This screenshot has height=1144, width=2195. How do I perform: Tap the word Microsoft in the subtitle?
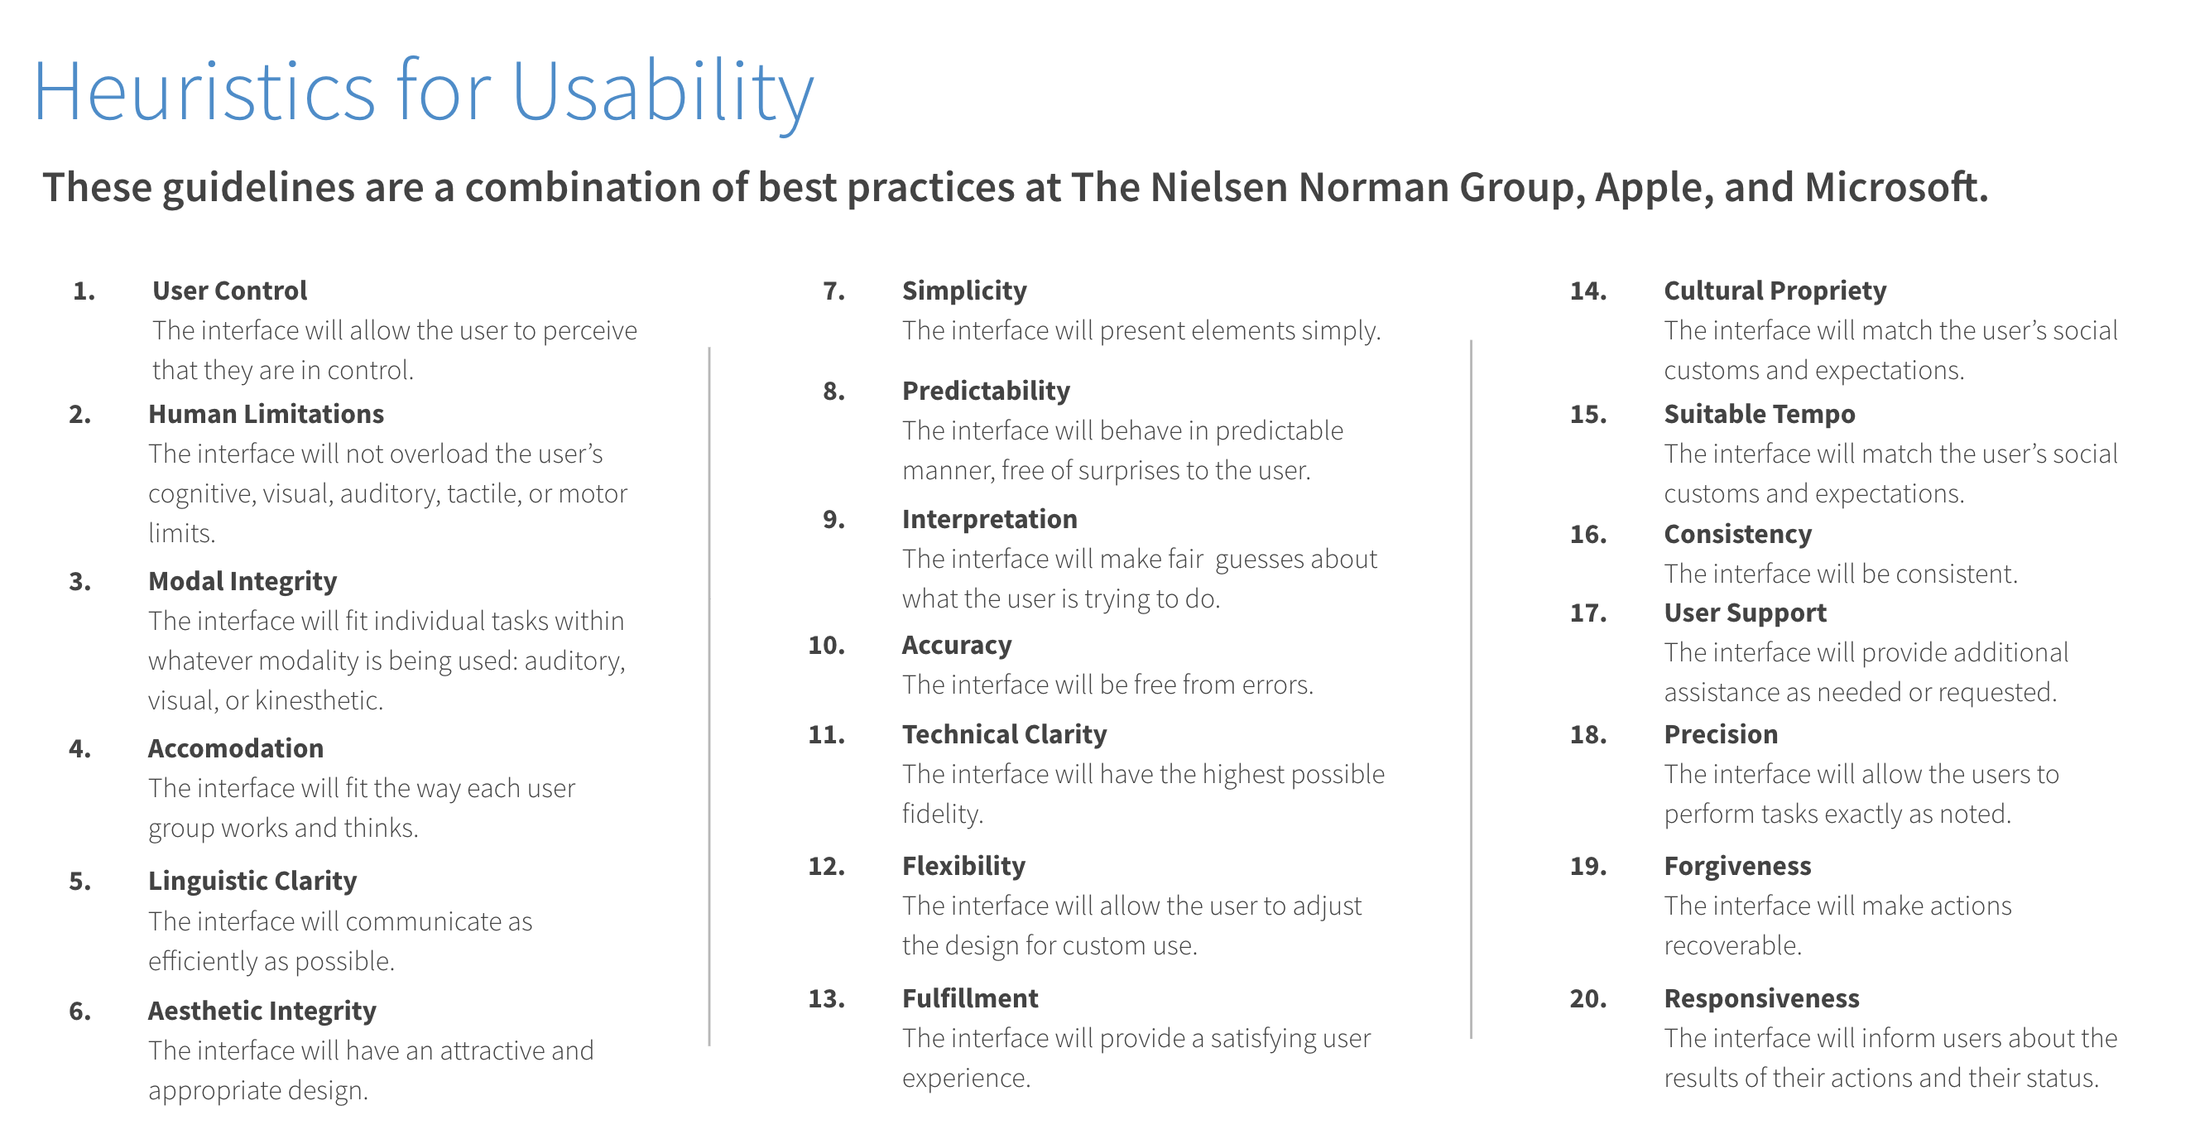click(x=1896, y=187)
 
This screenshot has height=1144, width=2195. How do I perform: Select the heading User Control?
click(x=229, y=291)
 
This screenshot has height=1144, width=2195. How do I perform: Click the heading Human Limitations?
click(x=266, y=413)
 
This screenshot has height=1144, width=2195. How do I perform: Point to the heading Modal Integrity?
click(x=242, y=581)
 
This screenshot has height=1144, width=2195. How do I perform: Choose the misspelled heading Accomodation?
click(x=235, y=747)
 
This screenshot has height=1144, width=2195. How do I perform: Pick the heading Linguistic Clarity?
click(x=252, y=881)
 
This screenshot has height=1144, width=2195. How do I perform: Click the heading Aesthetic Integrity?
click(x=262, y=1011)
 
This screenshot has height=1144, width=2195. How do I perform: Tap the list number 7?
click(x=834, y=291)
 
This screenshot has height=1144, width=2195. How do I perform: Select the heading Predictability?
click(x=986, y=392)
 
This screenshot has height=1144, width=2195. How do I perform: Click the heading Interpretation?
click(x=989, y=519)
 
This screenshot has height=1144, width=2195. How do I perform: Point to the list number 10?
click(x=827, y=646)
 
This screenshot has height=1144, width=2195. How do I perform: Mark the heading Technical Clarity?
click(x=1005, y=734)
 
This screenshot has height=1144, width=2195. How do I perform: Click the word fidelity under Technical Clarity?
click(x=943, y=813)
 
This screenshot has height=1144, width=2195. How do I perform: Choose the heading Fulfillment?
click(x=970, y=998)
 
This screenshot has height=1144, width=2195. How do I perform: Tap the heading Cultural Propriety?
click(x=1775, y=291)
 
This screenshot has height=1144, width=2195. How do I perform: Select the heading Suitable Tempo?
click(x=1760, y=414)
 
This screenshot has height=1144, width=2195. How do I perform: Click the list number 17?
click(x=1588, y=613)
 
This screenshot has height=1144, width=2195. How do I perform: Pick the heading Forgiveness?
click(x=1737, y=867)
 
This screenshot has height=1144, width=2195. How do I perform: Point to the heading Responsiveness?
click(x=1761, y=999)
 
